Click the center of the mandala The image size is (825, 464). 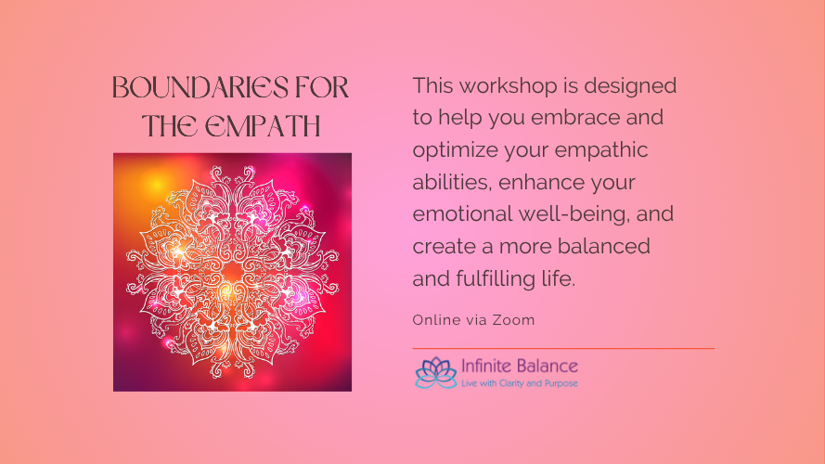232,272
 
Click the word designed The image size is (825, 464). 633,86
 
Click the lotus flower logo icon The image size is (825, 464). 435,372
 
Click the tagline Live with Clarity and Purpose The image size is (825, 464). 519,382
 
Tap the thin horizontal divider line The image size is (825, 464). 563,348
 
